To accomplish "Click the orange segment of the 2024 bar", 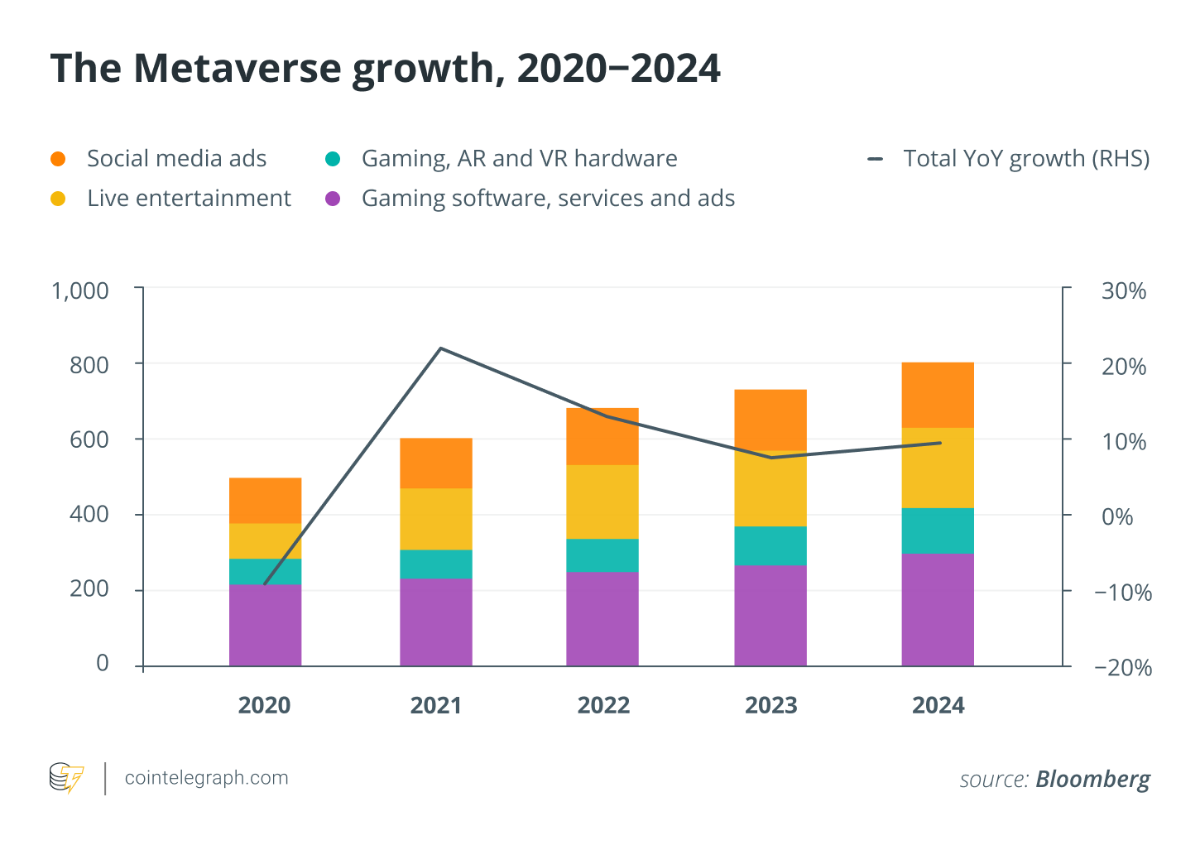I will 937,395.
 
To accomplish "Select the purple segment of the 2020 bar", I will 265,625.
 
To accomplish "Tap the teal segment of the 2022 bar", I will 602,555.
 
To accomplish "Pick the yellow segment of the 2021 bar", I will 435,519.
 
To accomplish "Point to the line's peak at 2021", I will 440,348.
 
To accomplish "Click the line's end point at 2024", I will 940,443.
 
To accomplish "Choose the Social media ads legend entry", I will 176,158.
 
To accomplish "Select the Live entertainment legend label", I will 189,199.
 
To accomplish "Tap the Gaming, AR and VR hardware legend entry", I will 519,158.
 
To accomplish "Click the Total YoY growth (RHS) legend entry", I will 1025,158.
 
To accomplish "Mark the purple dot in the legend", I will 333,199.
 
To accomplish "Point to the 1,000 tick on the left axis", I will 80,290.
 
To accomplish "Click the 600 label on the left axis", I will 89,439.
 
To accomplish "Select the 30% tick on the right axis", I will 1123,290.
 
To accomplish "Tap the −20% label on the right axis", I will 1122,667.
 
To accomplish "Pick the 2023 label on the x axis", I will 770,705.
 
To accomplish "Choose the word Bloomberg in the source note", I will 1092,779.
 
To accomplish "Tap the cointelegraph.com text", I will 206,778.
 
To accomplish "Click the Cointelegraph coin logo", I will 66,778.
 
